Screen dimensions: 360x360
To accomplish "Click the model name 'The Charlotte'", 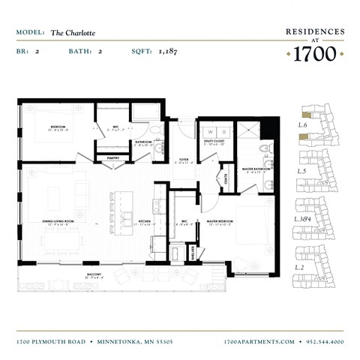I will [73, 33].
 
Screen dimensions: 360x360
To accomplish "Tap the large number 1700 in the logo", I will [314, 54].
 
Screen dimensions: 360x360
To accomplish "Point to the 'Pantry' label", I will [113, 158].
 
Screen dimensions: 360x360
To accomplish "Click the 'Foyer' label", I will [182, 159].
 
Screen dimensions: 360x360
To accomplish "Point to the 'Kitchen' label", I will [144, 222].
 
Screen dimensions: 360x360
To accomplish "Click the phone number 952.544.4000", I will [325, 341].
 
